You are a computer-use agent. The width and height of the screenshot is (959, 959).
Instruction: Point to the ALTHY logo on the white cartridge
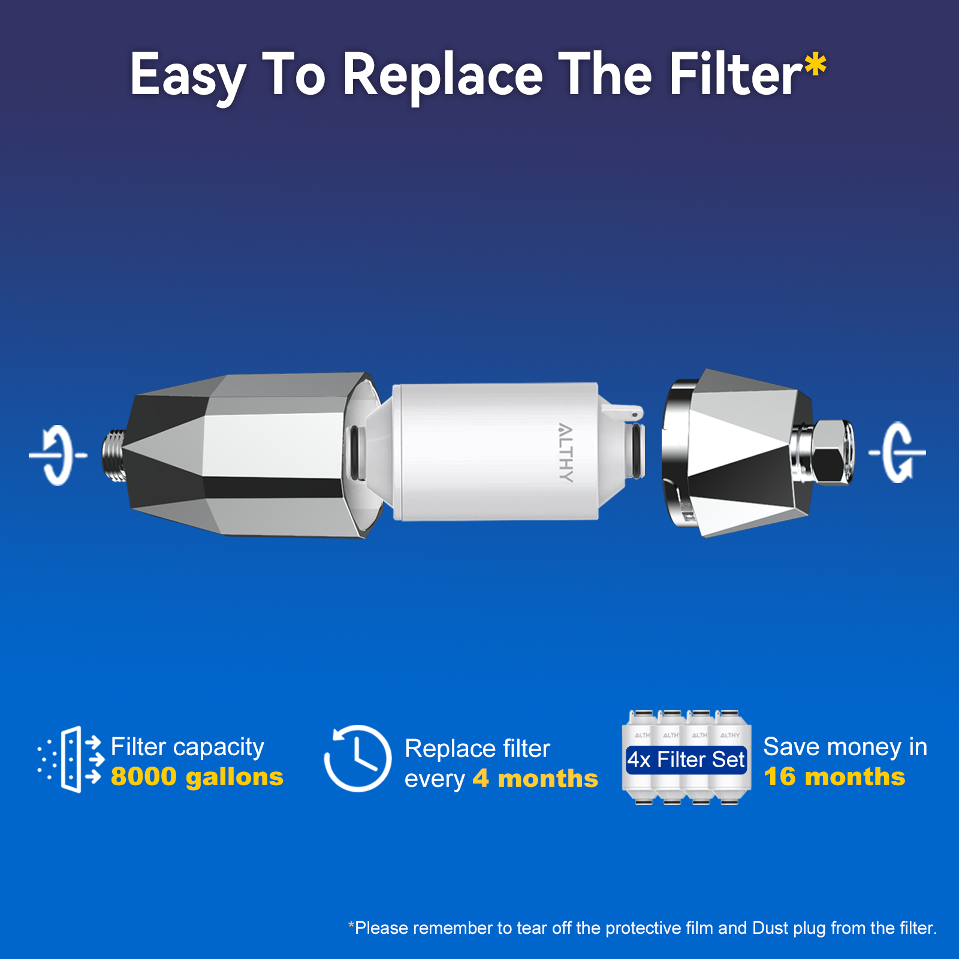pyautogui.click(x=565, y=453)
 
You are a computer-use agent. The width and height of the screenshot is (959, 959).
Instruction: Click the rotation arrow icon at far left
pyautogui.click(x=58, y=456)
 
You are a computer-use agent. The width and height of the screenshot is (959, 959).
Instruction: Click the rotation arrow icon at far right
pyautogui.click(x=898, y=453)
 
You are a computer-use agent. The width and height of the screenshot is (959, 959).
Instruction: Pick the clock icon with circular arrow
pyautogui.click(x=358, y=759)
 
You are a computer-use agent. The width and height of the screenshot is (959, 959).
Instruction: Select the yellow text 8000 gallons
pyautogui.click(x=197, y=777)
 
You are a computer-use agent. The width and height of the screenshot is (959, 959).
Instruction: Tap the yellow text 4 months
pyautogui.click(x=535, y=779)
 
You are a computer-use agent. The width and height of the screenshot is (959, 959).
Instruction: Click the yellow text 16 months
pyautogui.click(x=834, y=777)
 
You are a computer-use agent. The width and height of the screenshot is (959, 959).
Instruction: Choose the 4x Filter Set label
pyautogui.click(x=686, y=759)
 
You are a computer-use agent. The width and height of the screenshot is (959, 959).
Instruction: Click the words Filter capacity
pyautogui.click(x=187, y=747)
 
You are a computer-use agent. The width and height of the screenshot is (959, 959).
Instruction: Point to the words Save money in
pyautogui.click(x=845, y=747)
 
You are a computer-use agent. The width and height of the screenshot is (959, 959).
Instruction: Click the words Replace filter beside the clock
pyautogui.click(x=477, y=749)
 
